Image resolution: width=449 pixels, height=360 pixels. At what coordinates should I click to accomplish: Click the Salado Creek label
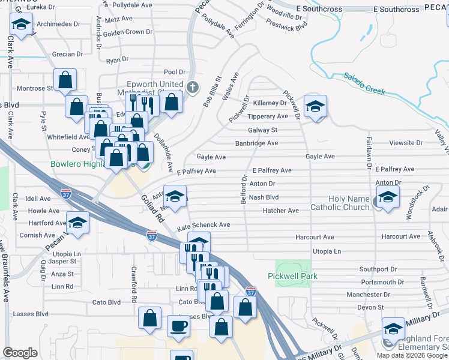point(364,84)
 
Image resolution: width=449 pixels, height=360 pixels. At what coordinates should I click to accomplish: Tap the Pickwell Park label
point(292,276)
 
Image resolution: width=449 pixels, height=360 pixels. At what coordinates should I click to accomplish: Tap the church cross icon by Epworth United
point(193,88)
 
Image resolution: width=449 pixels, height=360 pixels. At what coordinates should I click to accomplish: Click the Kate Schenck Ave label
point(203,224)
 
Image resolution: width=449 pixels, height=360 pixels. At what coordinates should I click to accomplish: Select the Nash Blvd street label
point(264,197)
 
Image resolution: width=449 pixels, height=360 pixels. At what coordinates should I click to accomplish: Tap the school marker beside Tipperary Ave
point(315,107)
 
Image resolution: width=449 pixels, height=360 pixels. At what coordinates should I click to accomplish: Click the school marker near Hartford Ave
point(78,224)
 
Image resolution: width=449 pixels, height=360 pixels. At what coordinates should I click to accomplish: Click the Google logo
point(20,353)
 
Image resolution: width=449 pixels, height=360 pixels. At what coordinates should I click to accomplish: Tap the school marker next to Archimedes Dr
point(21,25)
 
